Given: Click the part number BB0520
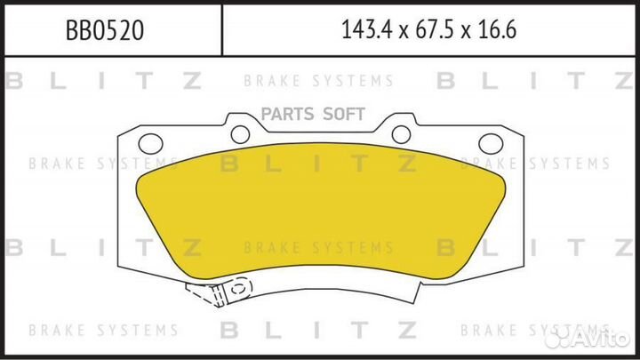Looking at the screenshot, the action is click(x=105, y=30).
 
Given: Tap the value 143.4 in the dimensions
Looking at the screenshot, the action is click(x=367, y=29).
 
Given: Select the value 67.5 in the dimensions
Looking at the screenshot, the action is click(x=435, y=29).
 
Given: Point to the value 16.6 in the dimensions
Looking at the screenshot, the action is click(x=497, y=29).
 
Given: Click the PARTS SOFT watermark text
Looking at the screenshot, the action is click(x=313, y=115).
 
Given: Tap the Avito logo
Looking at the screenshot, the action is click(x=587, y=337).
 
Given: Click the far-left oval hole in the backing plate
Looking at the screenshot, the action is click(x=150, y=144).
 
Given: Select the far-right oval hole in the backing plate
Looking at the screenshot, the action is click(x=490, y=144).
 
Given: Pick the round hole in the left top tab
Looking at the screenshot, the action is click(x=240, y=134).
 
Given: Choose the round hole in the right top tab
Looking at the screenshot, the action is click(x=401, y=134).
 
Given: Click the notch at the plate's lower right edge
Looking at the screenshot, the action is click(x=419, y=291).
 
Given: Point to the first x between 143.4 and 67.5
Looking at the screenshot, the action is click(x=404, y=32).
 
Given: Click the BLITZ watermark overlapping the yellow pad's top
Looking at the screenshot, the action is click(x=318, y=164).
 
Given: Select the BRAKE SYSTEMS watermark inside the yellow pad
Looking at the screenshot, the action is click(x=318, y=248).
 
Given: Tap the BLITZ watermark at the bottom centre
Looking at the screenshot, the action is click(x=318, y=330).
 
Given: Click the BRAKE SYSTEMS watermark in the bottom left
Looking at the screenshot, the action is click(x=103, y=330).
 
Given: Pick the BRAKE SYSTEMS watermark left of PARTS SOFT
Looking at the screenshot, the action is click(x=103, y=164).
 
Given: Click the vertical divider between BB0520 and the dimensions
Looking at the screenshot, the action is click(x=221, y=30).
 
